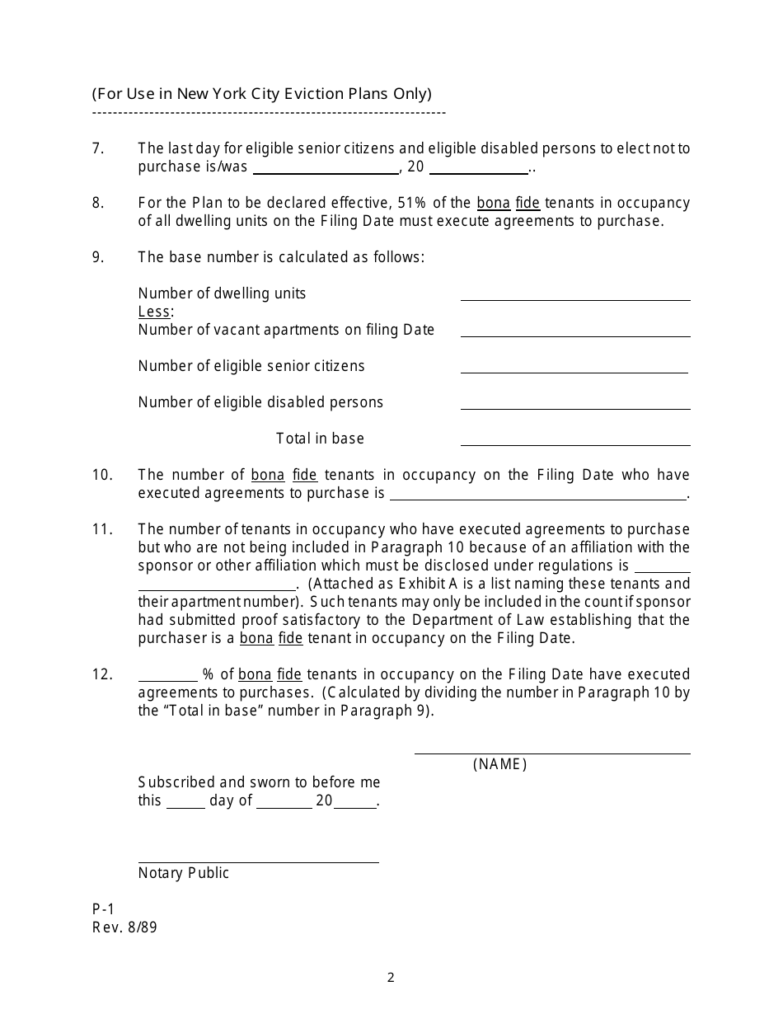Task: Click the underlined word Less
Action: click(154, 312)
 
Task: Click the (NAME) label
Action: click(499, 764)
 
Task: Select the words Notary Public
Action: click(184, 873)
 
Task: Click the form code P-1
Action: click(103, 909)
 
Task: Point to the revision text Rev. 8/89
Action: click(124, 927)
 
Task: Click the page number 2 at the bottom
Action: click(391, 979)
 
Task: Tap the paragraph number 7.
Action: click(98, 148)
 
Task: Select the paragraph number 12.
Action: click(102, 674)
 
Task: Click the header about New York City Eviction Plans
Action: click(261, 94)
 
